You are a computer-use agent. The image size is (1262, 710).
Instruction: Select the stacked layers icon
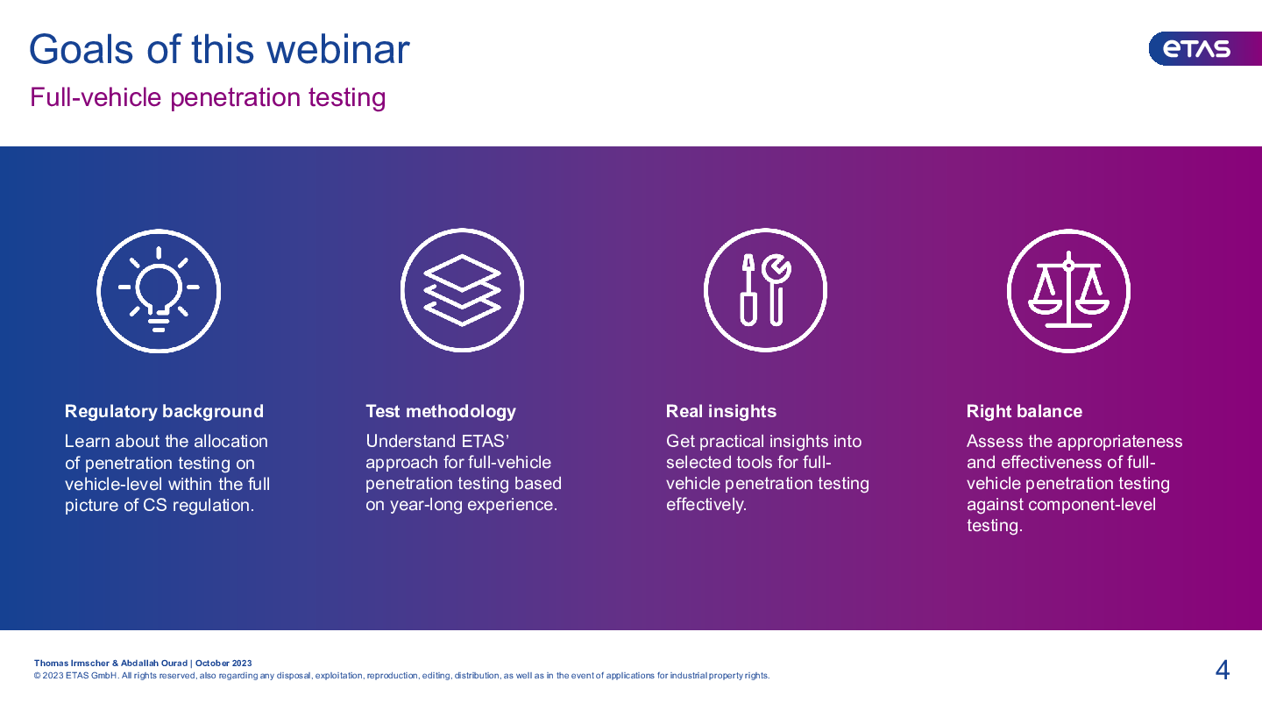462,290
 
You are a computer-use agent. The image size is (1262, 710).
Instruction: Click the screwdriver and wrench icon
765,290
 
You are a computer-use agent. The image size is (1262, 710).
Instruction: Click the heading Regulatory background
164,411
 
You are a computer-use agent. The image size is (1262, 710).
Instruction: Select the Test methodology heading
441,411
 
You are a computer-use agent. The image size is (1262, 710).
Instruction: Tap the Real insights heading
721,411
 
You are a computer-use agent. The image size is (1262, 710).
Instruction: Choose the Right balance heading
1024,411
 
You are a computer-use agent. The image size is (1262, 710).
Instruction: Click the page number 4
1222,670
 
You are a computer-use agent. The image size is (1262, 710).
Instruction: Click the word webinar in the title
338,50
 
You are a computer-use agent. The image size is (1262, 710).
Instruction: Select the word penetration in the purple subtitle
236,98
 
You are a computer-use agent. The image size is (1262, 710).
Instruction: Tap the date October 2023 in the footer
223,664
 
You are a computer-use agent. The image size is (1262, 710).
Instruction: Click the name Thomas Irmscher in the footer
72,664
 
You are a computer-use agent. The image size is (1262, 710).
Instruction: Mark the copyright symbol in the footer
37,676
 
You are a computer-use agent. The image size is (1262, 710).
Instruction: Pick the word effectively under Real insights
706,505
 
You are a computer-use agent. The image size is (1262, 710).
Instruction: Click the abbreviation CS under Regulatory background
155,506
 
